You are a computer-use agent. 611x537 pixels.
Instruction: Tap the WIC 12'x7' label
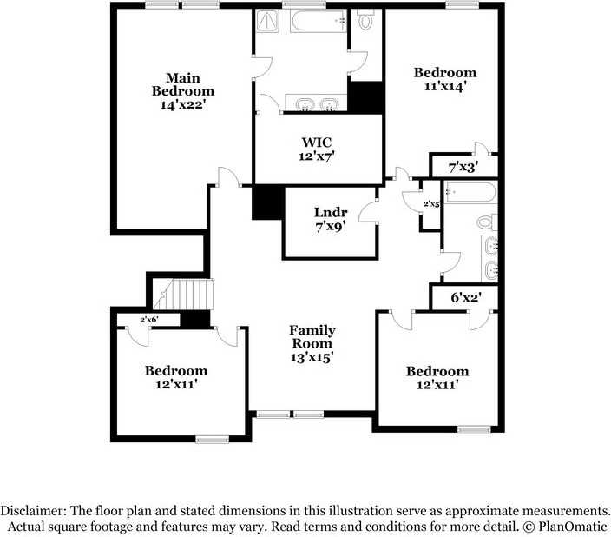point(317,149)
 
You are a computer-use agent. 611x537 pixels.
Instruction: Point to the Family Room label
point(312,343)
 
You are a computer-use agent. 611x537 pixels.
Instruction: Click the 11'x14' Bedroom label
point(444,80)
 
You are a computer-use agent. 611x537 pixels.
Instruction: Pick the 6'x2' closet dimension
point(466,297)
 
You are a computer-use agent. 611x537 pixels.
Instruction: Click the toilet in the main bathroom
point(365,19)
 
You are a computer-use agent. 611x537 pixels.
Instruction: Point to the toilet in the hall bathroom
point(486,222)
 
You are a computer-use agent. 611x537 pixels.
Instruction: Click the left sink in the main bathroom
point(303,106)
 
